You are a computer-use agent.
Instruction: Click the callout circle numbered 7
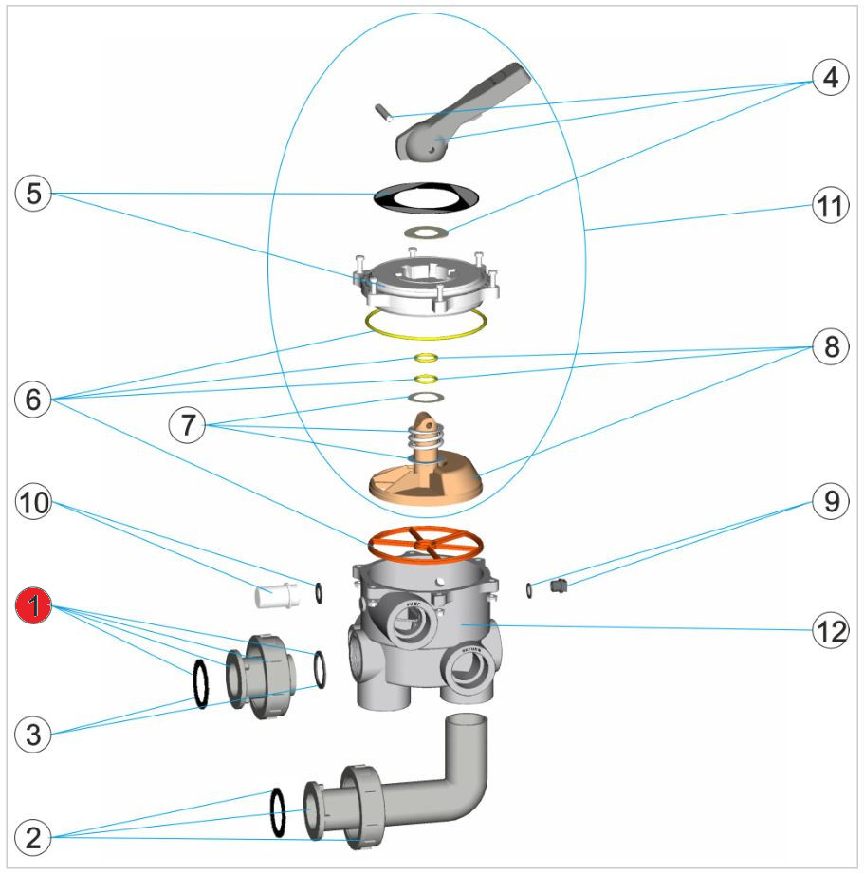188,424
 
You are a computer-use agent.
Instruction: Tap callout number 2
34,837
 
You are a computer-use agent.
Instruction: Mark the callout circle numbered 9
829,502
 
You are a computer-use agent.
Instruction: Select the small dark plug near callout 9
560,587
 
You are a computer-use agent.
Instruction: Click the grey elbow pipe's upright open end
468,725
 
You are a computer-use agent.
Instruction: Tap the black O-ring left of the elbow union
279,812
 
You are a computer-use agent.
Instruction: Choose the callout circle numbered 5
34,195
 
